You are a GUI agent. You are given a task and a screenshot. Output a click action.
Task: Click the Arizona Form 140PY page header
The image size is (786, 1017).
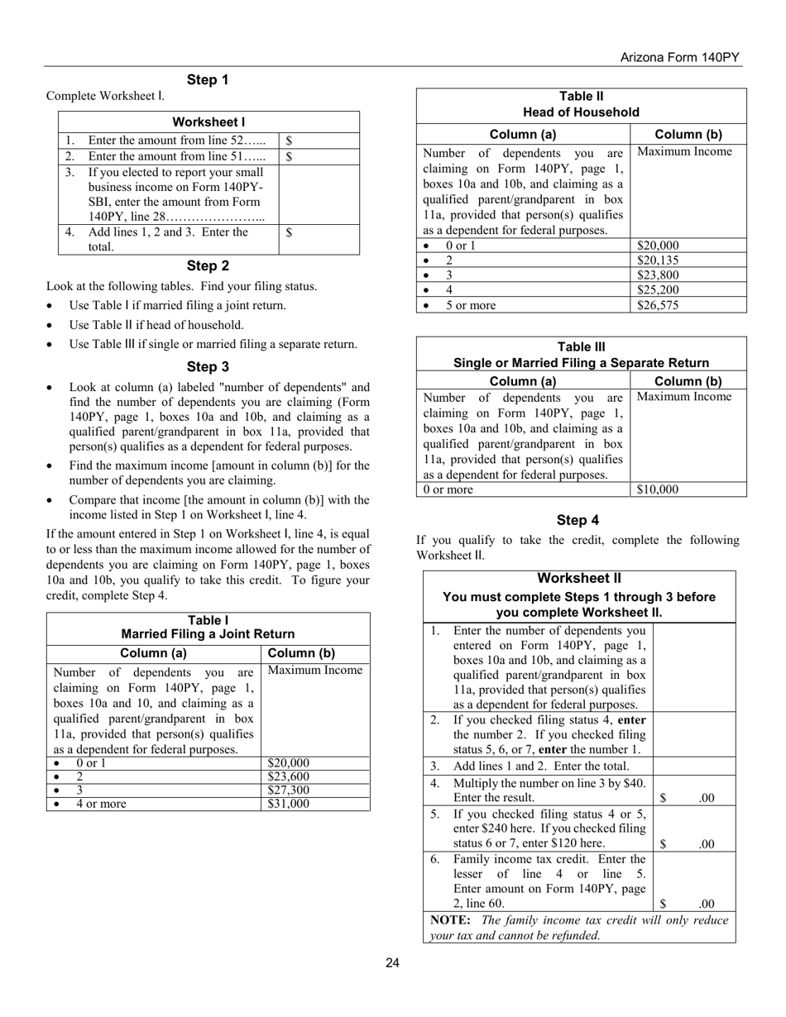(x=680, y=57)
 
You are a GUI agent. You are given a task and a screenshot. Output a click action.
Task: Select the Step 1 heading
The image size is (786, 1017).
(x=208, y=80)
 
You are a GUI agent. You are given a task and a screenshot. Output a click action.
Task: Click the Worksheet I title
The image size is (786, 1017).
(x=208, y=122)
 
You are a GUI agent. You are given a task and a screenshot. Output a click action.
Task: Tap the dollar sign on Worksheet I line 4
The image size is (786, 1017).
(x=289, y=232)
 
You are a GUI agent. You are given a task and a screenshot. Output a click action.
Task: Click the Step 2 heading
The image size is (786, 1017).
(x=208, y=266)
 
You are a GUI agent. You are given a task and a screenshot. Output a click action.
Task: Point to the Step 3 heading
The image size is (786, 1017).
(x=208, y=367)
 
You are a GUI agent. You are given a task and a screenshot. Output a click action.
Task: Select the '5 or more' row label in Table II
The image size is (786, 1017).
(x=471, y=305)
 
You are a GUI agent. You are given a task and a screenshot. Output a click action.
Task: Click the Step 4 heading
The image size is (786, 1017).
(x=578, y=520)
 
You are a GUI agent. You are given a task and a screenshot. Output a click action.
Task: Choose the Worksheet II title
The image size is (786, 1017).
(x=579, y=578)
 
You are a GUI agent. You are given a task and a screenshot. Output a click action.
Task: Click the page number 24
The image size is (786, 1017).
(x=392, y=962)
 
